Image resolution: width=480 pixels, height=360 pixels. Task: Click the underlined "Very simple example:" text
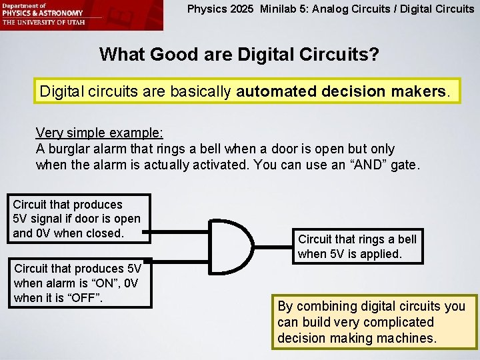91,133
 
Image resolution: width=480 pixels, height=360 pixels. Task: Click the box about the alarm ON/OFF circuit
77,283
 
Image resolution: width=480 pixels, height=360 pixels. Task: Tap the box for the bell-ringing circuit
357,247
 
